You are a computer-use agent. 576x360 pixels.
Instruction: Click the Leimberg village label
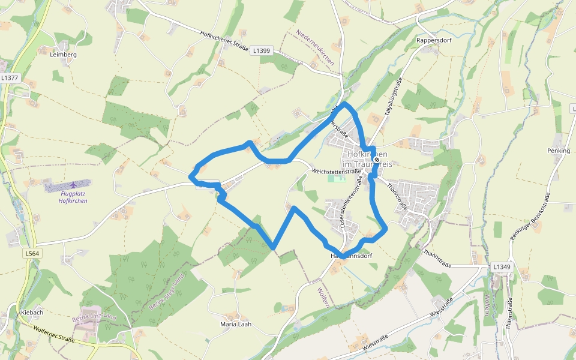click(x=64, y=54)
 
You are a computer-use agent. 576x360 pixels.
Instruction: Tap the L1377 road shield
click(x=10, y=78)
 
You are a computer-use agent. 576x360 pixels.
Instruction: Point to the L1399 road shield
click(x=262, y=51)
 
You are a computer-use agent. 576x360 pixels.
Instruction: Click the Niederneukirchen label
click(x=315, y=47)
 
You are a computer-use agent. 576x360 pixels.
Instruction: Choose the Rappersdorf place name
click(x=433, y=40)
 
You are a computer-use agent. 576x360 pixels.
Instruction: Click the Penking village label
click(x=559, y=151)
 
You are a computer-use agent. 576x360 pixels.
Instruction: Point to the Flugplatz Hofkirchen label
click(x=73, y=197)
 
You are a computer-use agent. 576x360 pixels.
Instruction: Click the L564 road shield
click(x=32, y=254)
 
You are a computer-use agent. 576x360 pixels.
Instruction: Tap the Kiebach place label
click(x=32, y=313)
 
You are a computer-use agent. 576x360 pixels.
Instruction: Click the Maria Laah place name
click(x=236, y=324)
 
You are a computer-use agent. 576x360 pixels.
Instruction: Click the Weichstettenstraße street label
click(x=337, y=171)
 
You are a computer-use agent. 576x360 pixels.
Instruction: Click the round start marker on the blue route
click(x=376, y=160)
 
